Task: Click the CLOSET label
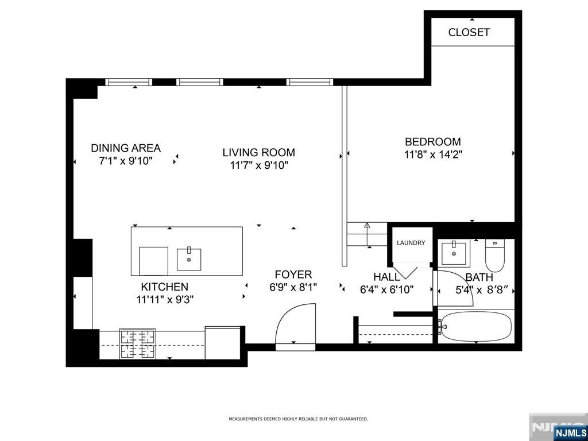pyautogui.click(x=469, y=32)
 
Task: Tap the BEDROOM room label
pyautogui.click(x=433, y=142)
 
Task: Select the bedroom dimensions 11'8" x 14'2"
pyautogui.click(x=433, y=154)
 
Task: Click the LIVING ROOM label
pyautogui.click(x=259, y=152)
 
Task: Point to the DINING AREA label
pyautogui.click(x=126, y=148)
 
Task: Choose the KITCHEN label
pyautogui.click(x=165, y=287)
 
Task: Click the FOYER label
pyautogui.click(x=293, y=274)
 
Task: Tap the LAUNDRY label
pyautogui.click(x=411, y=243)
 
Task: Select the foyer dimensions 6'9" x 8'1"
pyautogui.click(x=293, y=287)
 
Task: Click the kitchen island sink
pyautogui.click(x=189, y=259)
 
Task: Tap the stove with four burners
pyautogui.click(x=138, y=344)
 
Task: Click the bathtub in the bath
pyautogui.click(x=476, y=327)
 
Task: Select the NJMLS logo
pyautogui.click(x=568, y=432)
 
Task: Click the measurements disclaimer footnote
pyautogui.click(x=299, y=419)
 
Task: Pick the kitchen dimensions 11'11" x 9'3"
pyautogui.click(x=165, y=300)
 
